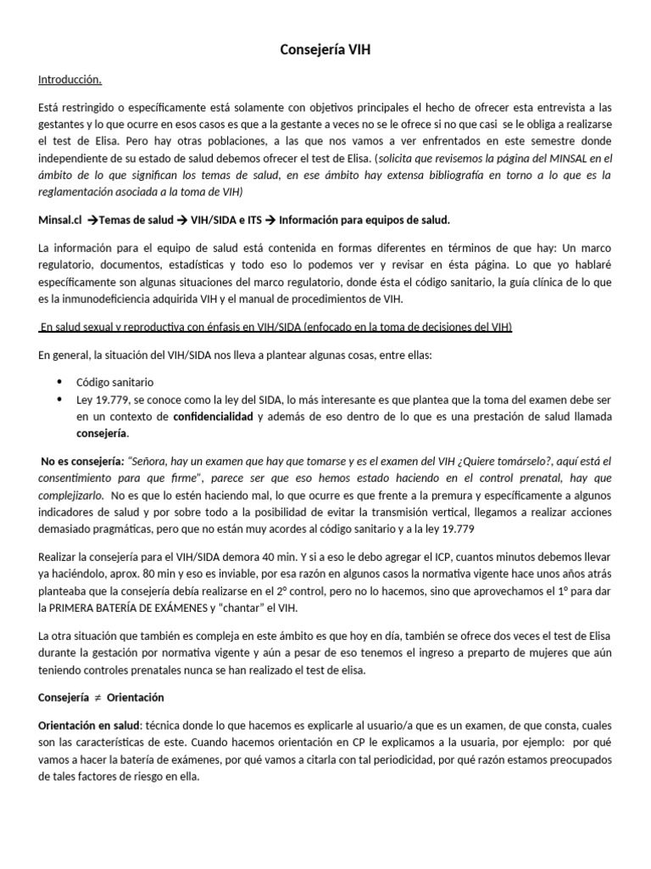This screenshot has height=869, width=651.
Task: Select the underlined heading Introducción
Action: [70, 81]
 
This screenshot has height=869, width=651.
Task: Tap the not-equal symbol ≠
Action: [97, 698]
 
